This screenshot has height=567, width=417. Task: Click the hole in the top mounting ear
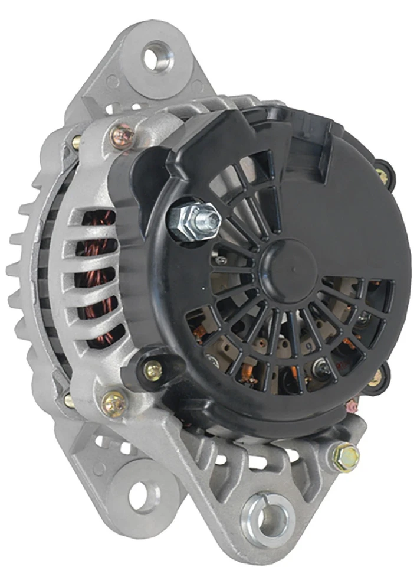(x=158, y=57)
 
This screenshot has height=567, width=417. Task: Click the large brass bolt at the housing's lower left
(x=113, y=403)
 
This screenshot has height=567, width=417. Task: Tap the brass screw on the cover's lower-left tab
(x=152, y=371)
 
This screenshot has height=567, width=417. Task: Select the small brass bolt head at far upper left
(x=77, y=142)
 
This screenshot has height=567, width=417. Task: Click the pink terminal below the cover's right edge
(x=353, y=406)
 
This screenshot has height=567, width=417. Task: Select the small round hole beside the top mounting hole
(x=111, y=82)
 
